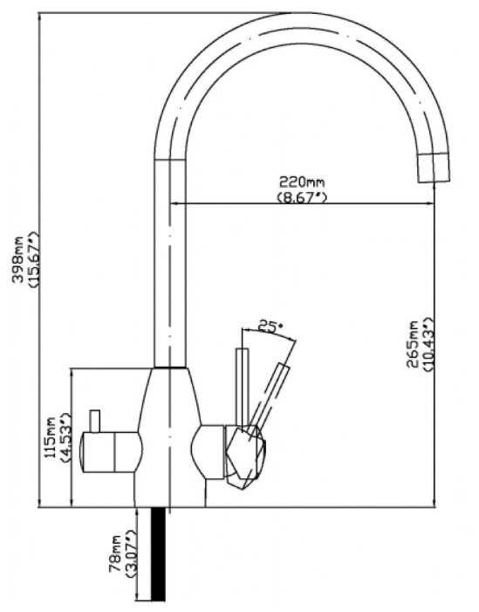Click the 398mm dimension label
[18, 258]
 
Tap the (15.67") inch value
[34, 258]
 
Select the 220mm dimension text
[302, 182]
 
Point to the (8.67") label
[302, 197]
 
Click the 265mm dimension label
[412, 344]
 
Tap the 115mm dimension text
[51, 437]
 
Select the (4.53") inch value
[65, 437]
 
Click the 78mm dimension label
[116, 554]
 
